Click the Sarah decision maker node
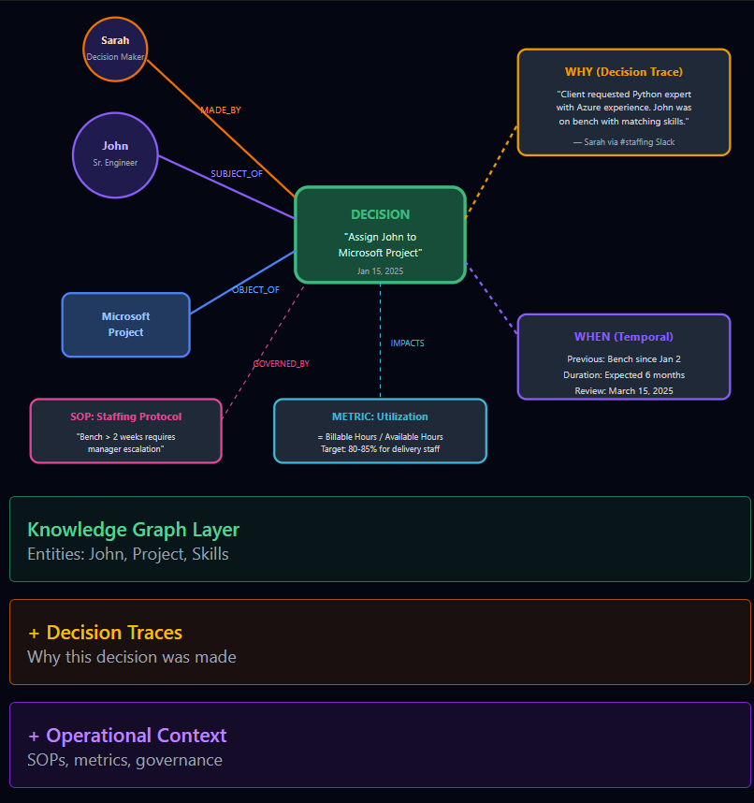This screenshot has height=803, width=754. coord(115,49)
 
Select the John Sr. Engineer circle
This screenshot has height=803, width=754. coord(115,154)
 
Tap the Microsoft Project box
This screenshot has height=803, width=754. coord(126,325)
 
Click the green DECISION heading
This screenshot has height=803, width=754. coord(380,214)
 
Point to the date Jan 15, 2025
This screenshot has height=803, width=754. coord(380,270)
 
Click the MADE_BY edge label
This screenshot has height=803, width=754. coord(221,110)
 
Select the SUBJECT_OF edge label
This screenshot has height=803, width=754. coord(237,174)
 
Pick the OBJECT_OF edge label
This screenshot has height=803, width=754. coord(255,290)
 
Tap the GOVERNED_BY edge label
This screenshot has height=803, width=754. coord(281,364)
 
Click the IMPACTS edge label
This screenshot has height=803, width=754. coord(407,343)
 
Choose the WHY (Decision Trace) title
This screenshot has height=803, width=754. coord(623,72)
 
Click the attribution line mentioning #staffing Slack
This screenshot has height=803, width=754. coord(623,142)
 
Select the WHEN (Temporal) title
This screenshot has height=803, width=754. coord(623,337)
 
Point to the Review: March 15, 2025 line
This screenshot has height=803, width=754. coord(623,391)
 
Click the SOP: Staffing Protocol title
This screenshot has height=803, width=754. coord(126,416)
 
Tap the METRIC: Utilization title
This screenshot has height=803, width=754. coord(380,416)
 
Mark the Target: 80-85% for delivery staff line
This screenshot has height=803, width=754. coord(380,449)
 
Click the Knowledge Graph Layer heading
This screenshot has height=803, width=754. coord(134,530)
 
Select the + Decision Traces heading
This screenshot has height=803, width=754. coord(105,633)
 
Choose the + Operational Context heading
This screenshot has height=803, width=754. coord(127,736)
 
